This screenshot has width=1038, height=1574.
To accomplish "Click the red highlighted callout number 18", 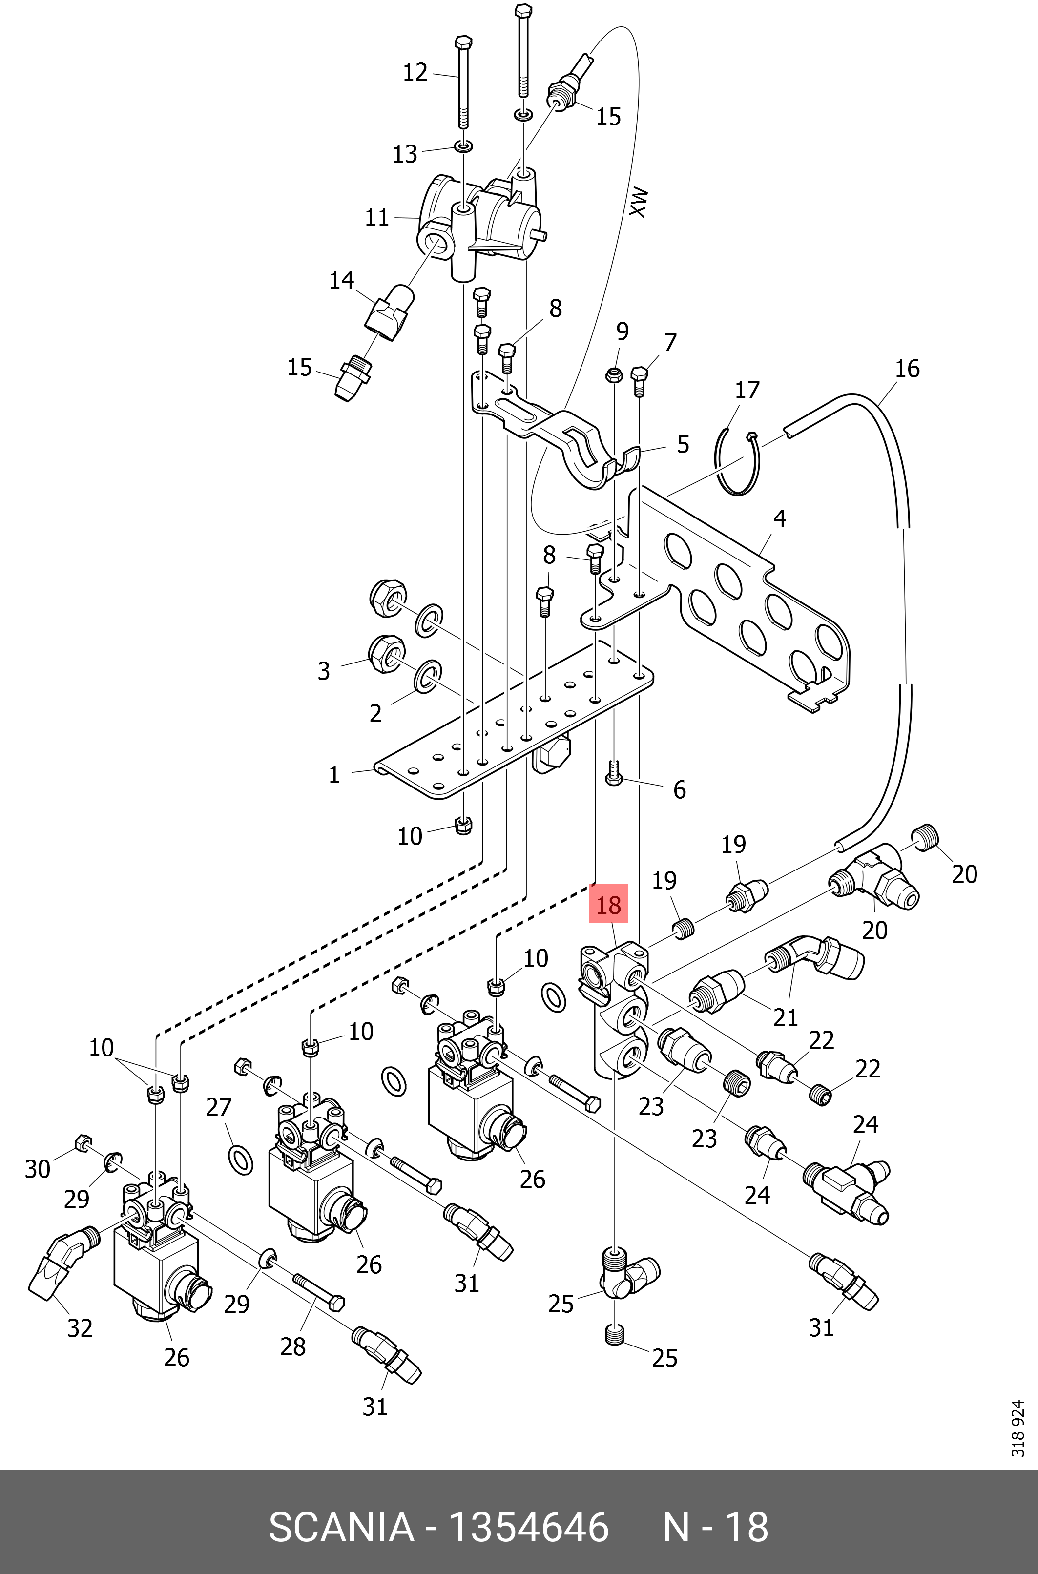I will tap(608, 904).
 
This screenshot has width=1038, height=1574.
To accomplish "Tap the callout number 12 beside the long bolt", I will tap(415, 72).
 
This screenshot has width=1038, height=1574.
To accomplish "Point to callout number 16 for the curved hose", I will tap(907, 369).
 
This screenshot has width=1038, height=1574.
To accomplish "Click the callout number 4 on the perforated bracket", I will tap(779, 519).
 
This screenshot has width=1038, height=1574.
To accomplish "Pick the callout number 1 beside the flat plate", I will tap(334, 774).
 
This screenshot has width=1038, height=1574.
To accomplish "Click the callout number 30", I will tap(37, 1169).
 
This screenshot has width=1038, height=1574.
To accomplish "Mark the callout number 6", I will tap(679, 789).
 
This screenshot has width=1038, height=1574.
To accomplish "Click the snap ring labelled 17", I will tap(736, 463).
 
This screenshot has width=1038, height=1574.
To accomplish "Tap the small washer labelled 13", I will tap(464, 145).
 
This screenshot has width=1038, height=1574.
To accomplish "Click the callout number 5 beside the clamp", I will tap(683, 444).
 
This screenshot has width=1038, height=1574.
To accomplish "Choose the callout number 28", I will tap(292, 1346).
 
